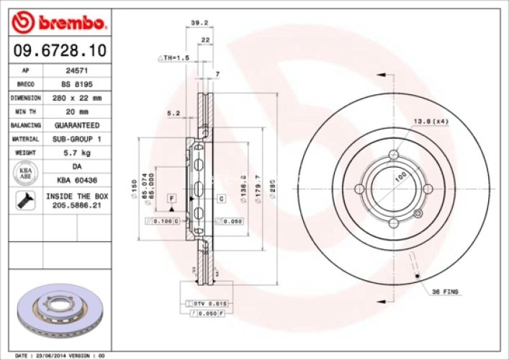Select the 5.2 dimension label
(x=174, y=113)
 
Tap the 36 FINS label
(x=446, y=291)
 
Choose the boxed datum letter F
(x=172, y=197)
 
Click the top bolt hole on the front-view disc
(x=392, y=155)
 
